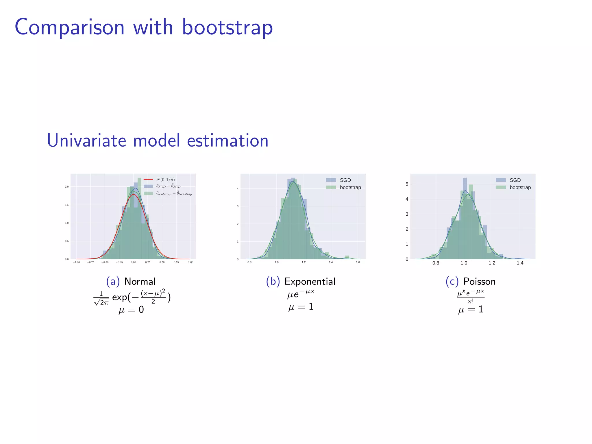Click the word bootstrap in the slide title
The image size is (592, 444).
[x=227, y=27]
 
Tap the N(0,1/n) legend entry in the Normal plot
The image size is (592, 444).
[x=165, y=180]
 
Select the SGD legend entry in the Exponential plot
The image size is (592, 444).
[x=345, y=180]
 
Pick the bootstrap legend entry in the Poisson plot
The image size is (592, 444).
[x=520, y=187]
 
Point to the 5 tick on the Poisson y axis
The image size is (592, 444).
[x=407, y=184]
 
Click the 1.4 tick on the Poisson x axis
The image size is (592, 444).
[x=520, y=263]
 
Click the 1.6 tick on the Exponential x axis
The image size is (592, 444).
[x=358, y=262]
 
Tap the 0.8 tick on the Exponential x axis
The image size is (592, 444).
[x=249, y=262]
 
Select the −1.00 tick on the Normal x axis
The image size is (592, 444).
[x=76, y=262]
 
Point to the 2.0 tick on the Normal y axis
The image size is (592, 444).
[x=67, y=187]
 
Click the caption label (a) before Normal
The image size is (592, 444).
[x=113, y=281]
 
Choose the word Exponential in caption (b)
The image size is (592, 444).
[x=310, y=281]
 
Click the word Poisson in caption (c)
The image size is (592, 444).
[x=479, y=281]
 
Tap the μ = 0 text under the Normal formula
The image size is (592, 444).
[x=131, y=310]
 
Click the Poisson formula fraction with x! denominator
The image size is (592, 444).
[x=471, y=297]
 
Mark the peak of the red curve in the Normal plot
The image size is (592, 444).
[x=133, y=195]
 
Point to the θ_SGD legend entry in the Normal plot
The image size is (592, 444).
[x=168, y=186]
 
